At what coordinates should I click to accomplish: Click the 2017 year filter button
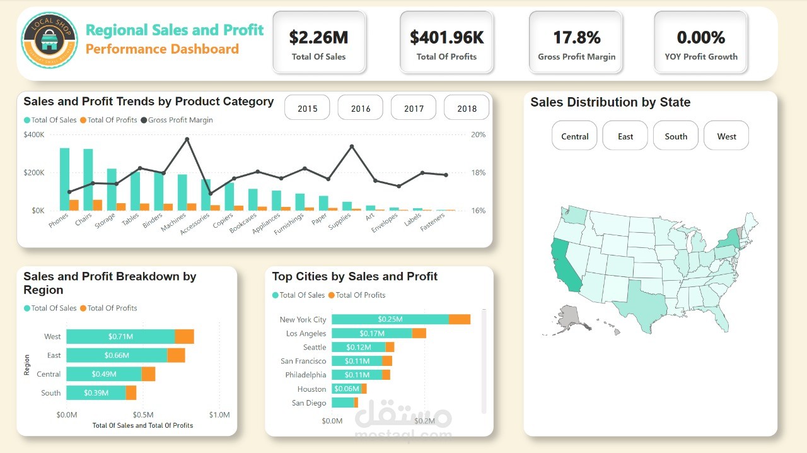point(414,109)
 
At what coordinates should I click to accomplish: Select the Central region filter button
point(574,136)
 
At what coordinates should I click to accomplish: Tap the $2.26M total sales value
point(318,38)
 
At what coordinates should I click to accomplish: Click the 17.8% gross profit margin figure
point(576,38)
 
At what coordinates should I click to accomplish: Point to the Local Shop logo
point(50,40)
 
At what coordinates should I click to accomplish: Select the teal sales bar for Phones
point(64,179)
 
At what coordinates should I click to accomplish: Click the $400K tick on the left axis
point(34,134)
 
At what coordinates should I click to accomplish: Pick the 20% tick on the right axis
point(478,134)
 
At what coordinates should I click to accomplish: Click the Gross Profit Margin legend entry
point(180,120)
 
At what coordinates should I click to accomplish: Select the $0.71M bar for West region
point(120,337)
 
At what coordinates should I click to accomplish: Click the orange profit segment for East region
point(176,355)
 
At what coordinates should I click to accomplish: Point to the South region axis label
point(51,393)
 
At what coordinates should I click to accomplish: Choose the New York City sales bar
point(390,319)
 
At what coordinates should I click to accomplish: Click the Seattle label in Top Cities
point(315,347)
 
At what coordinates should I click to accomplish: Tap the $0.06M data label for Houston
point(346,389)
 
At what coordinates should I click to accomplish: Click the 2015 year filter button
point(307,109)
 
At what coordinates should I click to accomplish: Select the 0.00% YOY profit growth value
point(700,38)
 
